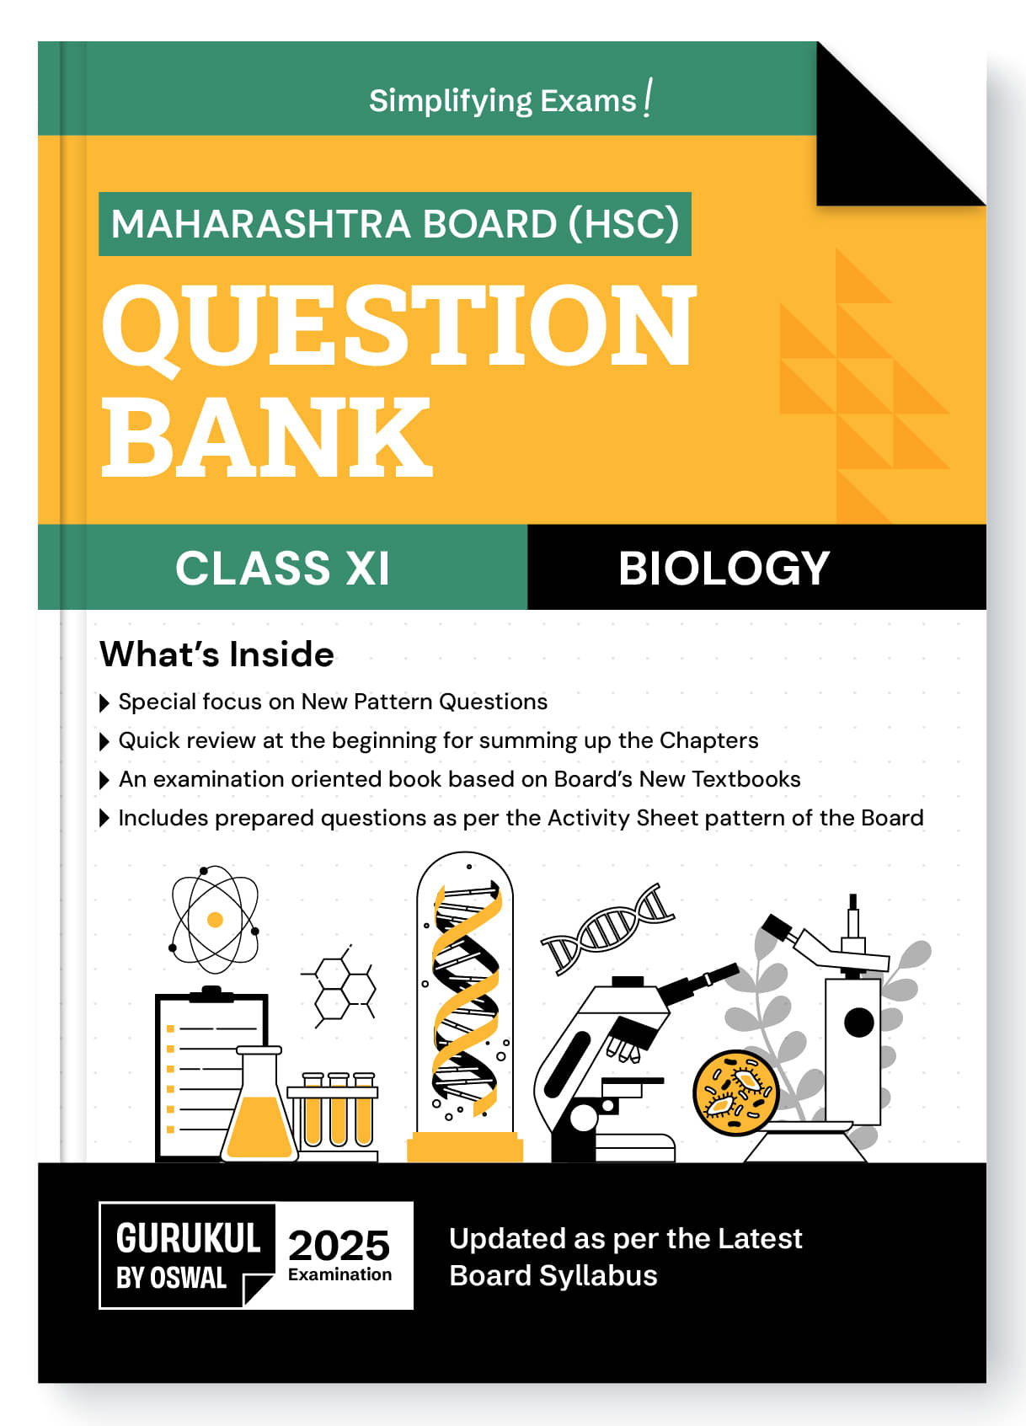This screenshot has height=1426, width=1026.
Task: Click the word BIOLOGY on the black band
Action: pyautogui.click(x=724, y=568)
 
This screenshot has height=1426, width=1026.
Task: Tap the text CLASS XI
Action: pyautogui.click(x=282, y=568)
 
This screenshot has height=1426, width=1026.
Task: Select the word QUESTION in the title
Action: pyautogui.click(x=399, y=325)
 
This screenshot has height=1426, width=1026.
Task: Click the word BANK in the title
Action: pyautogui.click(x=267, y=436)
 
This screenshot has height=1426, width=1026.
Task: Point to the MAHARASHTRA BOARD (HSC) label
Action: pyautogui.click(x=394, y=224)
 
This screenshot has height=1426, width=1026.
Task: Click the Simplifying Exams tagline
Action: pyautogui.click(x=510, y=99)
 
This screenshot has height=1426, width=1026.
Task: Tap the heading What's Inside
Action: pyautogui.click(x=217, y=654)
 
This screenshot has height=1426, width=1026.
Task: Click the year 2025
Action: pyautogui.click(x=339, y=1245)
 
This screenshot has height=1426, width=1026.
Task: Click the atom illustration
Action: pyautogui.click(x=215, y=919)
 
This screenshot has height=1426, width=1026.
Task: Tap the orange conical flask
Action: pyautogui.click(x=259, y=1103)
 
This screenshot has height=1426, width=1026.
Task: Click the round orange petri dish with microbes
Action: pyautogui.click(x=735, y=1092)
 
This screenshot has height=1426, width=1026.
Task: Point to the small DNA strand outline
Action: pyautogui.click(x=607, y=929)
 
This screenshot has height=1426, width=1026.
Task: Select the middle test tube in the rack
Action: pyautogui.click(x=338, y=1109)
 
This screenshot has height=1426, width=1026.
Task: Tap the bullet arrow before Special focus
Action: pyautogui.click(x=105, y=702)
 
